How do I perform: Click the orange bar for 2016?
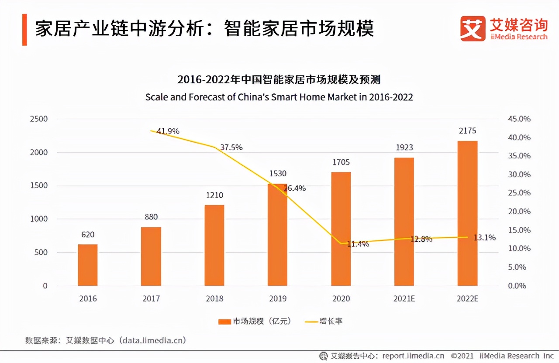[x=88, y=265]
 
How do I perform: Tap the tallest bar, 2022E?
[x=467, y=213]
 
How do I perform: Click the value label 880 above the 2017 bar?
[x=151, y=217]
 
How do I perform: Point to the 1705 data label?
[x=341, y=162]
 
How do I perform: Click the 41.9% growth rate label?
[x=168, y=131]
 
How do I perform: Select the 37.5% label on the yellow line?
[x=231, y=147]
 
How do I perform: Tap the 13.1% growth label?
[x=485, y=238]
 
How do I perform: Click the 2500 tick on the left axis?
[x=39, y=119]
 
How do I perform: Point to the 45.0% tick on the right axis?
[x=519, y=119]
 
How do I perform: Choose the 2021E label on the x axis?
[x=404, y=299]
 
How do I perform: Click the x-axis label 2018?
[x=214, y=299]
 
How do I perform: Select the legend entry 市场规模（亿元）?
[x=255, y=321]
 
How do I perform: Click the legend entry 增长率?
[x=324, y=321]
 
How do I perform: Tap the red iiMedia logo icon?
[x=473, y=29]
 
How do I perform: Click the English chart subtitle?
[x=279, y=97]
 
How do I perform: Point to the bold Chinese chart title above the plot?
[x=279, y=79]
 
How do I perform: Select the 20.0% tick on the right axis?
[x=519, y=212]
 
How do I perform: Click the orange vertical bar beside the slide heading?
[x=24, y=29]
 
